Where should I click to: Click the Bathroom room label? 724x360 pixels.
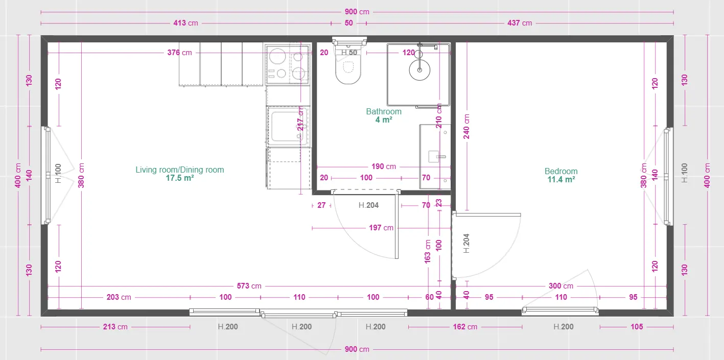pyautogui.click(x=384, y=111)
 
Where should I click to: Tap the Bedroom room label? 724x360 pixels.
pyautogui.click(x=561, y=171)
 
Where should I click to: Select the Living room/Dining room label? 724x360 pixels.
pyautogui.click(x=180, y=170)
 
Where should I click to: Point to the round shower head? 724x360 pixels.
pyautogui.click(x=419, y=70)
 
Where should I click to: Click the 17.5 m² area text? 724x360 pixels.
pyautogui.click(x=180, y=178)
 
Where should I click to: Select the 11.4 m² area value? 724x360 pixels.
pyautogui.click(x=561, y=180)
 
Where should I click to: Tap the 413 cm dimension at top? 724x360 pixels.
pyautogui.click(x=185, y=23)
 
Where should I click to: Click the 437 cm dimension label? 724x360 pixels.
pyautogui.click(x=520, y=23)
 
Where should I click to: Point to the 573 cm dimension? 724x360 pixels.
pyautogui.click(x=249, y=286)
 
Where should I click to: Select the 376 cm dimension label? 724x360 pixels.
pyautogui.click(x=179, y=53)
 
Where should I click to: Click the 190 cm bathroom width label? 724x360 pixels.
pyautogui.click(x=384, y=166)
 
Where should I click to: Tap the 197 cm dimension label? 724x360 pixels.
pyautogui.click(x=381, y=228)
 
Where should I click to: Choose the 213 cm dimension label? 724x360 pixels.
pyautogui.click(x=115, y=327)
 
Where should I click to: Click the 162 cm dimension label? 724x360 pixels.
pyautogui.click(x=465, y=327)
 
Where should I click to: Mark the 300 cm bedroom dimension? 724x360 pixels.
pyautogui.click(x=561, y=286)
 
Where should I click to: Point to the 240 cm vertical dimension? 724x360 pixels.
pyautogui.click(x=466, y=127)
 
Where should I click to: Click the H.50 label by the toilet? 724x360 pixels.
pyautogui.click(x=349, y=53)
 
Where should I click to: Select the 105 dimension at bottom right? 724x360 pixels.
pyautogui.click(x=637, y=327)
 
